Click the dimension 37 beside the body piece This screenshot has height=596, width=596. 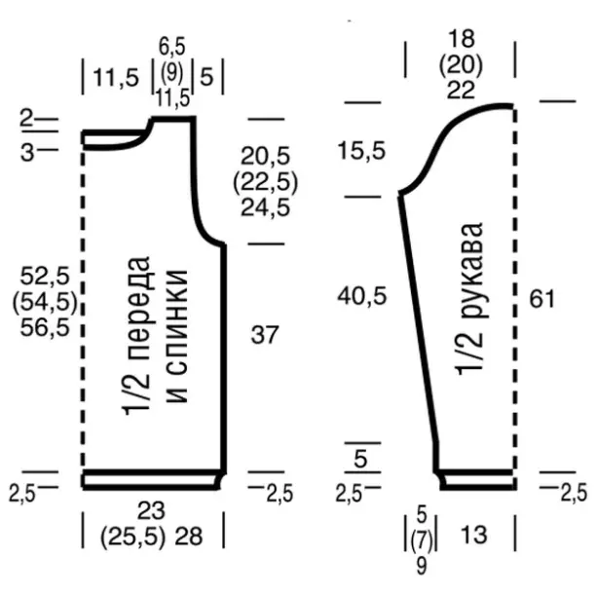point(265,335)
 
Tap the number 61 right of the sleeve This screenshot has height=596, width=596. point(542,298)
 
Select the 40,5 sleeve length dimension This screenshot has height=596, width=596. point(362,296)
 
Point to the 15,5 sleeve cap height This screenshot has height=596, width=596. point(361,150)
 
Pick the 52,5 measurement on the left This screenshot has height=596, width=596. point(45,276)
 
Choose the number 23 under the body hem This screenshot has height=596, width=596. point(151,510)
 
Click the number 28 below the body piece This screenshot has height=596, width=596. point(189,536)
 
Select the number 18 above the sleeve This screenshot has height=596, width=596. point(462,38)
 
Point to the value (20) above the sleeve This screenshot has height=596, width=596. point(461,64)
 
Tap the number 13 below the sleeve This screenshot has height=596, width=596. point(473,535)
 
